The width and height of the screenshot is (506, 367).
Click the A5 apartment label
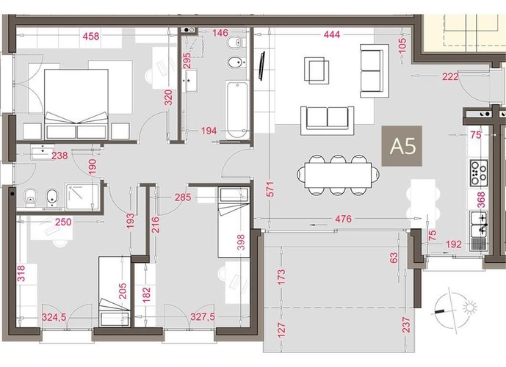point(402,146)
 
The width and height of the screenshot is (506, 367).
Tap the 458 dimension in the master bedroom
point(91,36)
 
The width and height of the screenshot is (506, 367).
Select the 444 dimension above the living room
point(331,34)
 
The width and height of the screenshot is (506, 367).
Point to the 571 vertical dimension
point(270,189)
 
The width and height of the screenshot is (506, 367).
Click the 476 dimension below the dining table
point(343,219)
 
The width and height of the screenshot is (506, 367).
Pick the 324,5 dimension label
point(54,317)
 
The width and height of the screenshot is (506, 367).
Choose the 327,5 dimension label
point(203,316)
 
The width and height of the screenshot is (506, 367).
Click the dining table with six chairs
point(338,175)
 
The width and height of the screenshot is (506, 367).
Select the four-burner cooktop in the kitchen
point(479,173)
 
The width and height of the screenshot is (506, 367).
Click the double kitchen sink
point(479,223)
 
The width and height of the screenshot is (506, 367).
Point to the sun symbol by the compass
point(469,307)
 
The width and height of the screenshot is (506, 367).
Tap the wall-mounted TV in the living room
point(261,65)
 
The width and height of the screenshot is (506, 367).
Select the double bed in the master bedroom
point(76,104)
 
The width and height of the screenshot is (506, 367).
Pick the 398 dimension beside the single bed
point(241,242)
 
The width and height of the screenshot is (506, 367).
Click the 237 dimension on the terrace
point(406,325)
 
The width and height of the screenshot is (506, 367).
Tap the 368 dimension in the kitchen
point(481,200)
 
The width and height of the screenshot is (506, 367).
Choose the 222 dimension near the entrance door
point(450,76)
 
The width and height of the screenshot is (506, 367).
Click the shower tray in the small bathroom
point(82,197)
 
